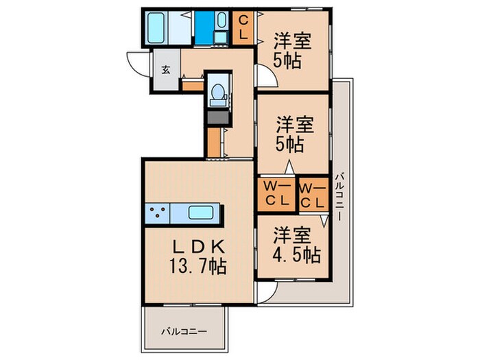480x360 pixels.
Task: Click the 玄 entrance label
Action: click(x=166, y=69)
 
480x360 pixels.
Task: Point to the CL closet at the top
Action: click(x=243, y=27)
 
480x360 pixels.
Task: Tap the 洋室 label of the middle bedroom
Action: click(x=296, y=125)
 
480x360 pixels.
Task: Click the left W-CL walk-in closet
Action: click(x=276, y=194)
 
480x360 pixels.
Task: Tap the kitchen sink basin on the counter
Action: click(x=202, y=213)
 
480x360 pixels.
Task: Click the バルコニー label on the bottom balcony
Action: click(x=184, y=331)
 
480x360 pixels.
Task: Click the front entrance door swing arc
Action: click(x=136, y=65)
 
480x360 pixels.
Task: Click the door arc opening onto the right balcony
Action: click(x=265, y=293)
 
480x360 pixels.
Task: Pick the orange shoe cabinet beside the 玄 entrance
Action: click(x=192, y=85)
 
